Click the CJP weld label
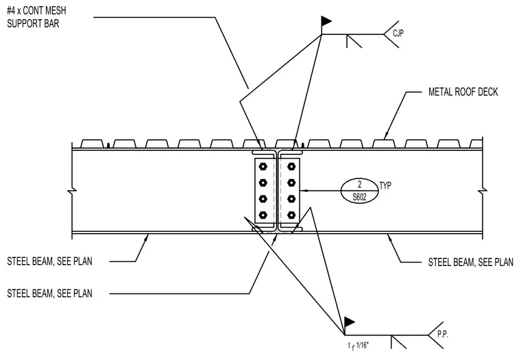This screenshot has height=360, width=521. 398,33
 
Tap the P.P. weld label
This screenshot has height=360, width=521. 442,334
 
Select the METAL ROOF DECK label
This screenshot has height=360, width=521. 463,92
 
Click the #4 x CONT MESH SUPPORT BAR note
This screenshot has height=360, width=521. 36,17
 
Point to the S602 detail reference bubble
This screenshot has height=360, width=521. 359,191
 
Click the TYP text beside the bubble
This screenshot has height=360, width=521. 385,185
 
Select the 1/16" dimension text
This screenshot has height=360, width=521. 362,346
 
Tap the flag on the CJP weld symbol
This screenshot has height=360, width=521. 326,21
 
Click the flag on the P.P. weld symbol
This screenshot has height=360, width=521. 349,322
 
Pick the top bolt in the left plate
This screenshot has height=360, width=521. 263,166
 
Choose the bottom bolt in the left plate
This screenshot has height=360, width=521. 263,215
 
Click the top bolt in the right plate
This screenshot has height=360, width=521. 291,166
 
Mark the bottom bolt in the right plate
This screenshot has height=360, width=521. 291,215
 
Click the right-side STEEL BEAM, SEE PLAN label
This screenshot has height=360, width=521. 470,262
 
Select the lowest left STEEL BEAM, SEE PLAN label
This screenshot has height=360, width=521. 49,293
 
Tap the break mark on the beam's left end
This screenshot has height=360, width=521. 72,191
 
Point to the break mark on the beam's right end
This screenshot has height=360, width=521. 483,191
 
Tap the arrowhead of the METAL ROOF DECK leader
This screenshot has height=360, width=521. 386,136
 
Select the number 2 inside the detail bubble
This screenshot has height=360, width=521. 359,184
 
